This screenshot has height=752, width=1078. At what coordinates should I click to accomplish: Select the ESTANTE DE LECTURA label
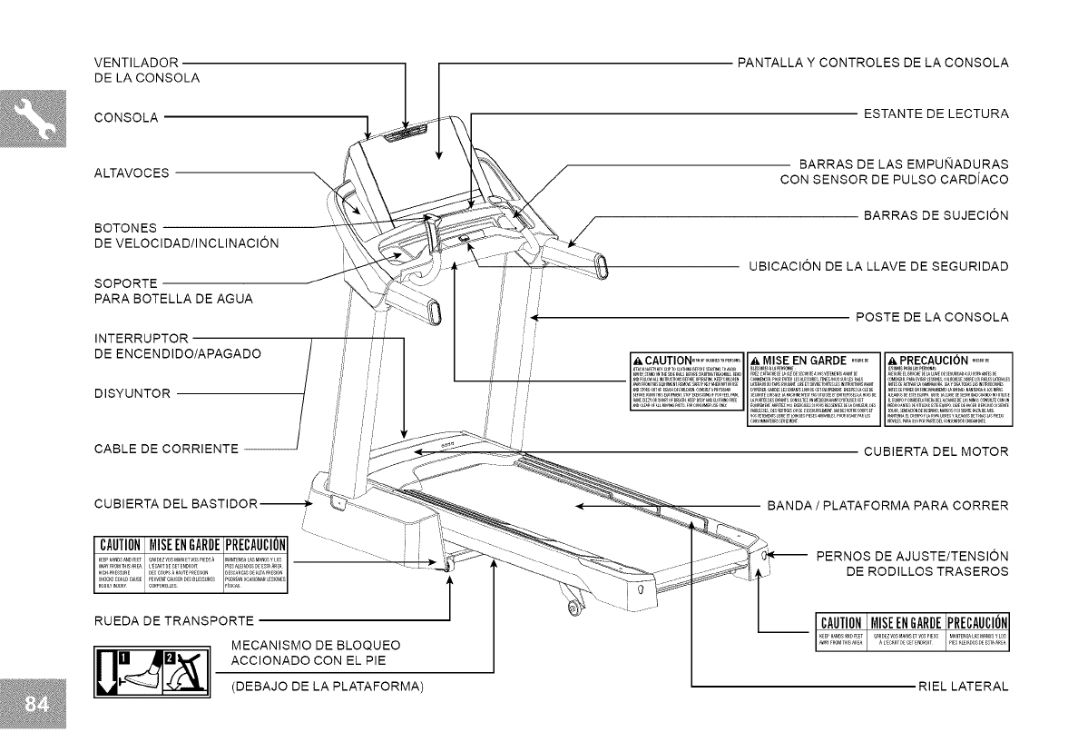tap(936, 114)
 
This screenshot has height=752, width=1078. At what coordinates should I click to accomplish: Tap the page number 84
tap(33, 706)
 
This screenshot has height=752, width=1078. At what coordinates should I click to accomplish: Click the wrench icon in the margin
tap(33, 123)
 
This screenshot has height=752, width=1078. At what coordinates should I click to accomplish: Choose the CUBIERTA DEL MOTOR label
tap(936, 450)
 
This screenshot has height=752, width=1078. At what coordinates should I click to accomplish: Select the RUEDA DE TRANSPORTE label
tap(172, 621)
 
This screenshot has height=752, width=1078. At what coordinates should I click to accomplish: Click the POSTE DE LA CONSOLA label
tap(932, 317)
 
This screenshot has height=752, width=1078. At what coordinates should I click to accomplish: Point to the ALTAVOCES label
tap(132, 172)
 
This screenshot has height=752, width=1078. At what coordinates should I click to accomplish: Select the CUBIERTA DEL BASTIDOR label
tap(176, 503)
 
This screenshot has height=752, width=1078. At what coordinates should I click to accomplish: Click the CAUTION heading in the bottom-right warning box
tap(840, 622)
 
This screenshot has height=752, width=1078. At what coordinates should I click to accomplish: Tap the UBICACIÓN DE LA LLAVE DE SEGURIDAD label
tap(878, 266)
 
